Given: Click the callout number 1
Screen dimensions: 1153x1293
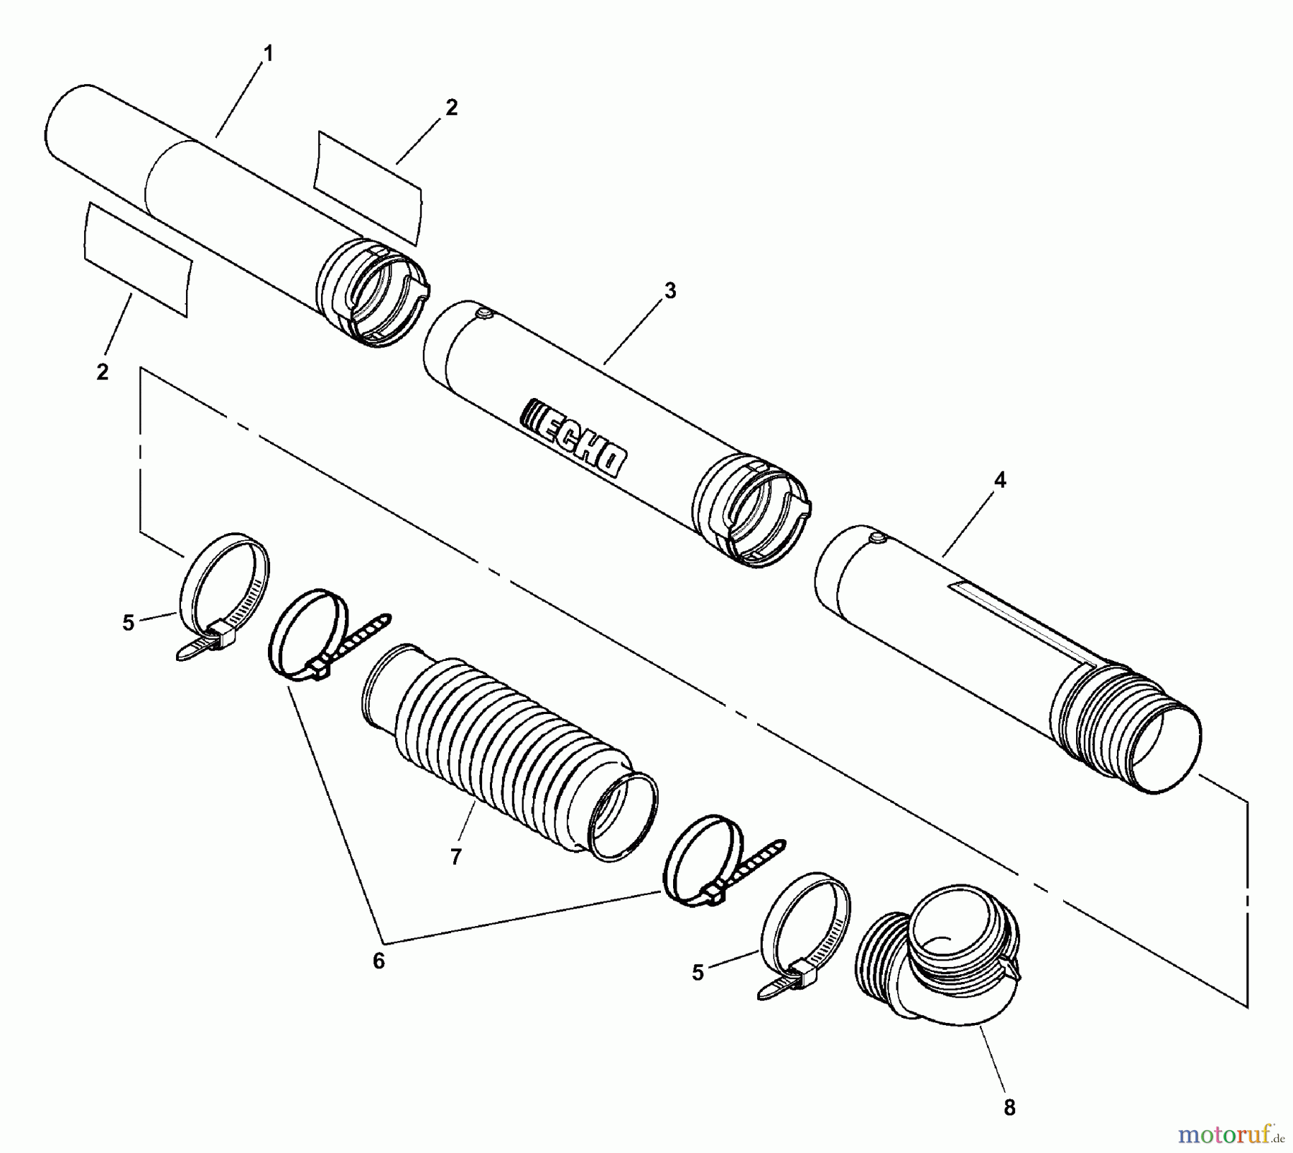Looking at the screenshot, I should tap(268, 54).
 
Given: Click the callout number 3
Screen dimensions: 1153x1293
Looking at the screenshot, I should tap(669, 291).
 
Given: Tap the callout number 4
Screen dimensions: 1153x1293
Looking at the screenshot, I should tap(1000, 481).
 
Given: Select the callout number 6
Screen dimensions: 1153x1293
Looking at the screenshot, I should tap(379, 960).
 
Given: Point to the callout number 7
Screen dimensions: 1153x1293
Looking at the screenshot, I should tap(455, 857).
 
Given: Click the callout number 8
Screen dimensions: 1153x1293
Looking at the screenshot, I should tap(1009, 1108).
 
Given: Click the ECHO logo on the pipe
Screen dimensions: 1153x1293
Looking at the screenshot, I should tap(573, 436).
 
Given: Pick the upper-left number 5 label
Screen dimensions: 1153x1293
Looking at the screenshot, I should tap(128, 623).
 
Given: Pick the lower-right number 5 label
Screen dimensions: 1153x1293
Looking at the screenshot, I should tap(698, 973).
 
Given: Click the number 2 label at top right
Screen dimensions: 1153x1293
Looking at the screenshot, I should tap(450, 108).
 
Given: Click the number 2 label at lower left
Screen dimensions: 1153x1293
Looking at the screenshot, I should tap(102, 372).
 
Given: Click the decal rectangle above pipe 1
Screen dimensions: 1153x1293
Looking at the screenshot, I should tap(368, 187).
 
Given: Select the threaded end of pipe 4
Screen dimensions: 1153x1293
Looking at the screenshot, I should tap(1121, 726).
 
